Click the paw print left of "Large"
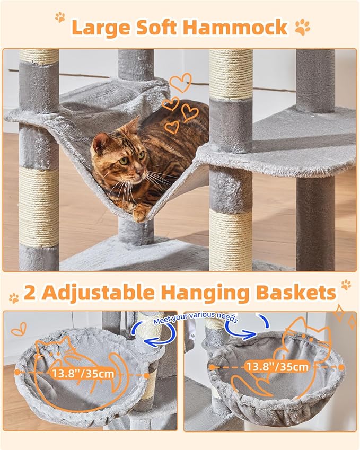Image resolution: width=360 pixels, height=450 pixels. click(x=60, y=17)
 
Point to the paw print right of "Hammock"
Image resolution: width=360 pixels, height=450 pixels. click(x=303, y=27)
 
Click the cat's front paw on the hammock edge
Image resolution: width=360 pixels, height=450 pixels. click(x=140, y=214)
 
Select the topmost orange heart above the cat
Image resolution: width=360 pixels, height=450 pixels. click(x=180, y=82)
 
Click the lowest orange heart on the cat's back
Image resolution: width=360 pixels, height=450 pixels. click(x=172, y=127)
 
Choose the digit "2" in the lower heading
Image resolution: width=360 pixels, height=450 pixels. click(x=31, y=293)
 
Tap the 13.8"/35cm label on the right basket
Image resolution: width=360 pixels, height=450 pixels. click(x=277, y=366)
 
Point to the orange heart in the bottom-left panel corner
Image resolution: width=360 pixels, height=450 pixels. click(x=18, y=329)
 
